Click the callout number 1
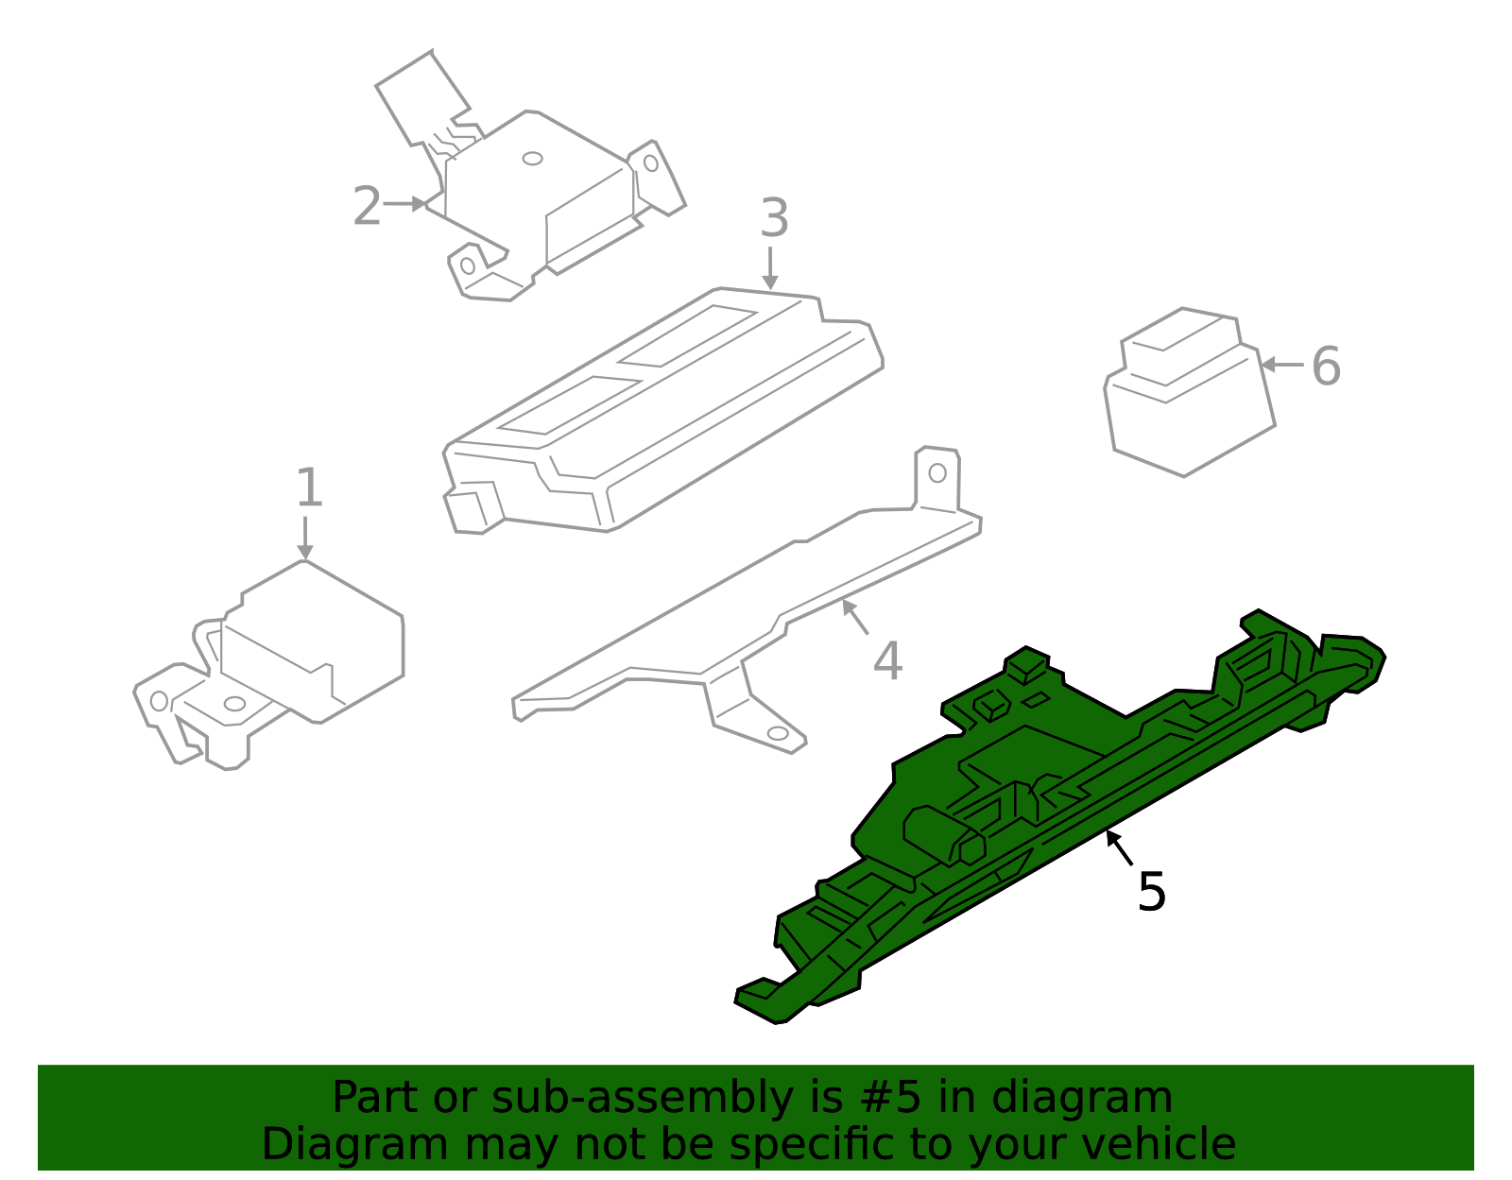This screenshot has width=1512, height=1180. (x=309, y=488)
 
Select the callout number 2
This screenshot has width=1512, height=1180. (x=367, y=206)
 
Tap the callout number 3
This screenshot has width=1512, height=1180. (x=774, y=218)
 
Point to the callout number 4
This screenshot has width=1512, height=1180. (x=887, y=661)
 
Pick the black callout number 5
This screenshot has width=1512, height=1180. (x=1151, y=892)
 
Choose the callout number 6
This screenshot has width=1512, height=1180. (x=1326, y=366)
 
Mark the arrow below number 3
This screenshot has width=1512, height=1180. (x=770, y=268)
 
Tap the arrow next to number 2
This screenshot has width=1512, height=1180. (x=406, y=204)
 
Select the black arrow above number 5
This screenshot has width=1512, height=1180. (x=1119, y=847)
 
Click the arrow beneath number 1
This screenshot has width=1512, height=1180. (x=304, y=539)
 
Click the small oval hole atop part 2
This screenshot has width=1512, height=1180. (x=533, y=159)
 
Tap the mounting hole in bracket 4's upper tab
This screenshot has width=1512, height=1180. (x=937, y=472)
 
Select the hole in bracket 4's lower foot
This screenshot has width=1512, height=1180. (x=778, y=733)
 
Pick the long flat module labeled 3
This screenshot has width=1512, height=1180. (x=661, y=416)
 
